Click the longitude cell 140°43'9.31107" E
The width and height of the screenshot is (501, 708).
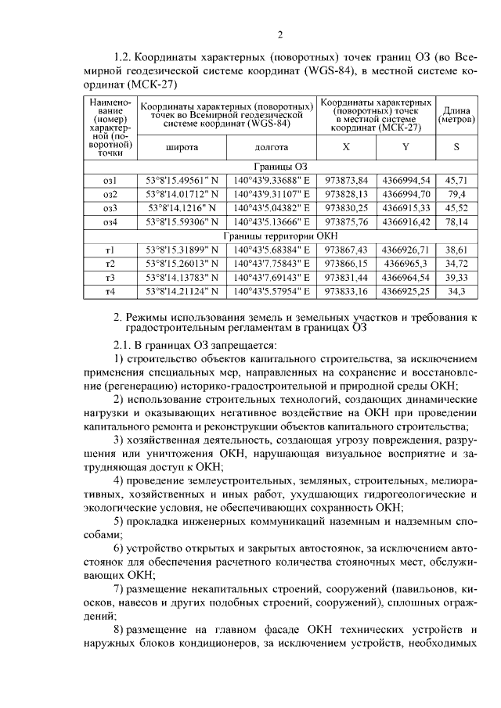(272, 194)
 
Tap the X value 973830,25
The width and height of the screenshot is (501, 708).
(347, 208)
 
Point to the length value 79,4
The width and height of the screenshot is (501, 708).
(456, 194)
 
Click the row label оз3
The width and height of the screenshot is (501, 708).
(110, 208)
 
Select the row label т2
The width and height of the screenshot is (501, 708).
(110, 264)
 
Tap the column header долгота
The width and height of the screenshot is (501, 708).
(272, 147)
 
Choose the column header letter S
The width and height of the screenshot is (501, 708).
(456, 147)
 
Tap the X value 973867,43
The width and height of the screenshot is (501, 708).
(347, 250)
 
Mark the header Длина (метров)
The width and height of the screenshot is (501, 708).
(456, 115)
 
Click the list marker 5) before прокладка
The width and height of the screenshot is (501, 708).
(119, 521)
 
